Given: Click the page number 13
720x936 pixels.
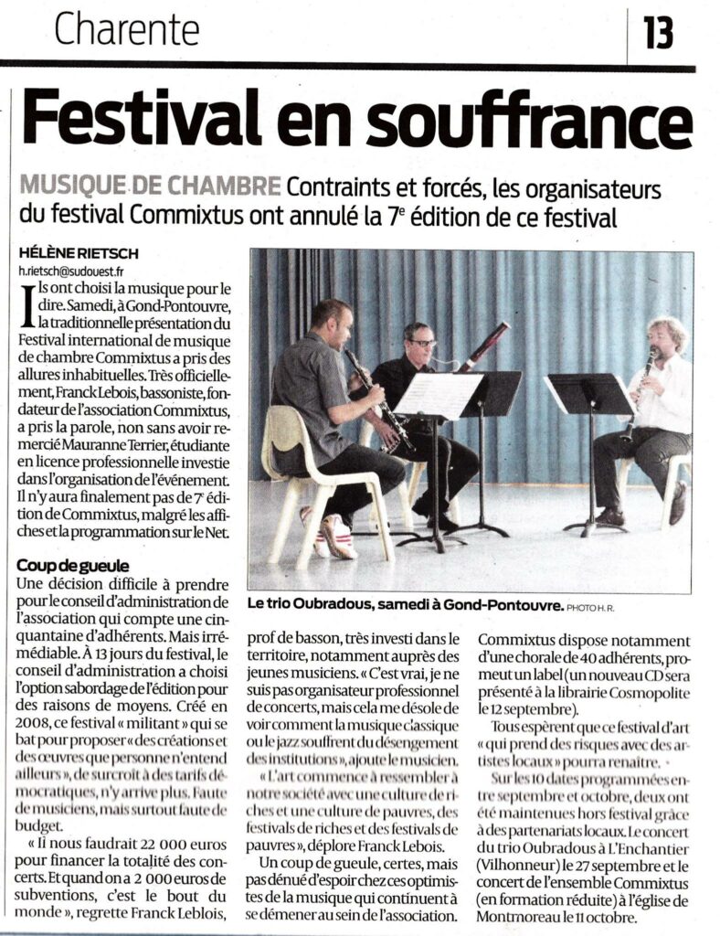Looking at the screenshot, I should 658,32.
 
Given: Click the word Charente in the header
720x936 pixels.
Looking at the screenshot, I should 126,30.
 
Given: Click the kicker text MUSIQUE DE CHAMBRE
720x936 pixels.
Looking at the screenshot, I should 149,187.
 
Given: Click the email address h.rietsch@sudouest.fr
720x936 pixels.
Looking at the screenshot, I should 71,271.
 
